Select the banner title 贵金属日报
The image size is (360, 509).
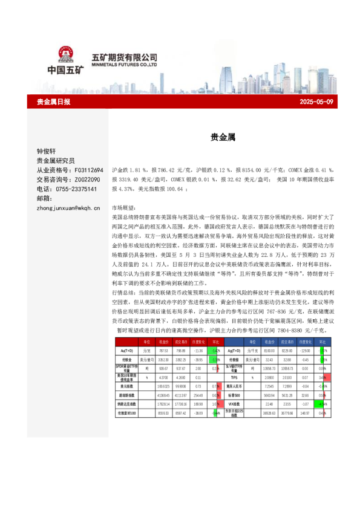pyautogui.click(x=53, y=102)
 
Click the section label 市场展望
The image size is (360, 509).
pyautogui.click(x=125, y=207)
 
